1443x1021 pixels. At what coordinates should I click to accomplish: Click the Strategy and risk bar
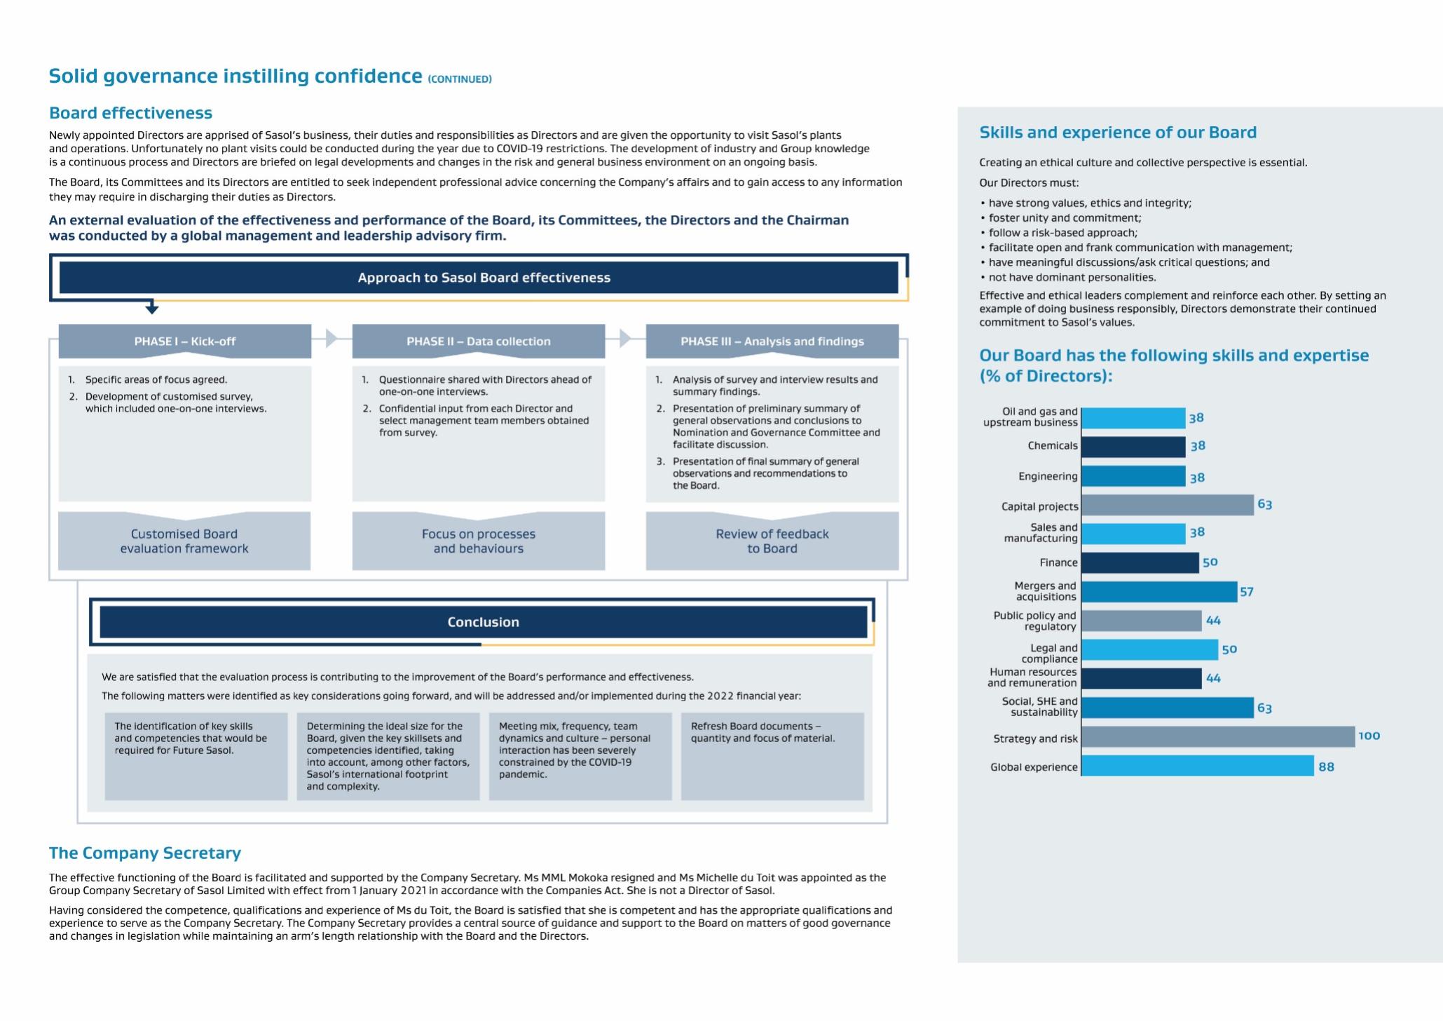[1217, 737]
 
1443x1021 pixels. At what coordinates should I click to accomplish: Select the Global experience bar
[1197, 766]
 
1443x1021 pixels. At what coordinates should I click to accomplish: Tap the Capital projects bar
[1167, 505]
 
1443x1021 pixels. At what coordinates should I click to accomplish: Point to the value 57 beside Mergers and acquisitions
[1247, 592]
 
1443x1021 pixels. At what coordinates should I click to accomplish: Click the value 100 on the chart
[1369, 736]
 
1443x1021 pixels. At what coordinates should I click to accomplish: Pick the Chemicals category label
[1053, 446]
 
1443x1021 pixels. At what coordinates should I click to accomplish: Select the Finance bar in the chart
[1140, 562]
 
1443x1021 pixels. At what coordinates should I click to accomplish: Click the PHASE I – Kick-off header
[185, 342]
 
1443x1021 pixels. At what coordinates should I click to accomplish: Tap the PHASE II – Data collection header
[479, 342]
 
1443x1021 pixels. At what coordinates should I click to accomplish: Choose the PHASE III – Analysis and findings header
[772, 342]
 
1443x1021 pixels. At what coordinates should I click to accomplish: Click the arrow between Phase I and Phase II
[331, 339]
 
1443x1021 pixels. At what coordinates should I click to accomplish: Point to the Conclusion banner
[484, 622]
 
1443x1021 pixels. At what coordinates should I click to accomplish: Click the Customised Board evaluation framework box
[184, 541]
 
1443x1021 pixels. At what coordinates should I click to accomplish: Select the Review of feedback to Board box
[772, 541]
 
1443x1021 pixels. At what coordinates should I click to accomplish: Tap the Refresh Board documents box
[772, 756]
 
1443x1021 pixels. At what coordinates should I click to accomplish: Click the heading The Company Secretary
[145, 853]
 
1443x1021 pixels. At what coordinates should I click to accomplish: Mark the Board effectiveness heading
[130, 113]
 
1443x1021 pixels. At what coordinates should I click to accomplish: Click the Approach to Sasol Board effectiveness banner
[484, 278]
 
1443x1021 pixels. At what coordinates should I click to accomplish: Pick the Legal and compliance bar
[1149, 650]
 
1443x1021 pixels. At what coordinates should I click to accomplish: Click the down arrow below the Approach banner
[152, 309]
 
